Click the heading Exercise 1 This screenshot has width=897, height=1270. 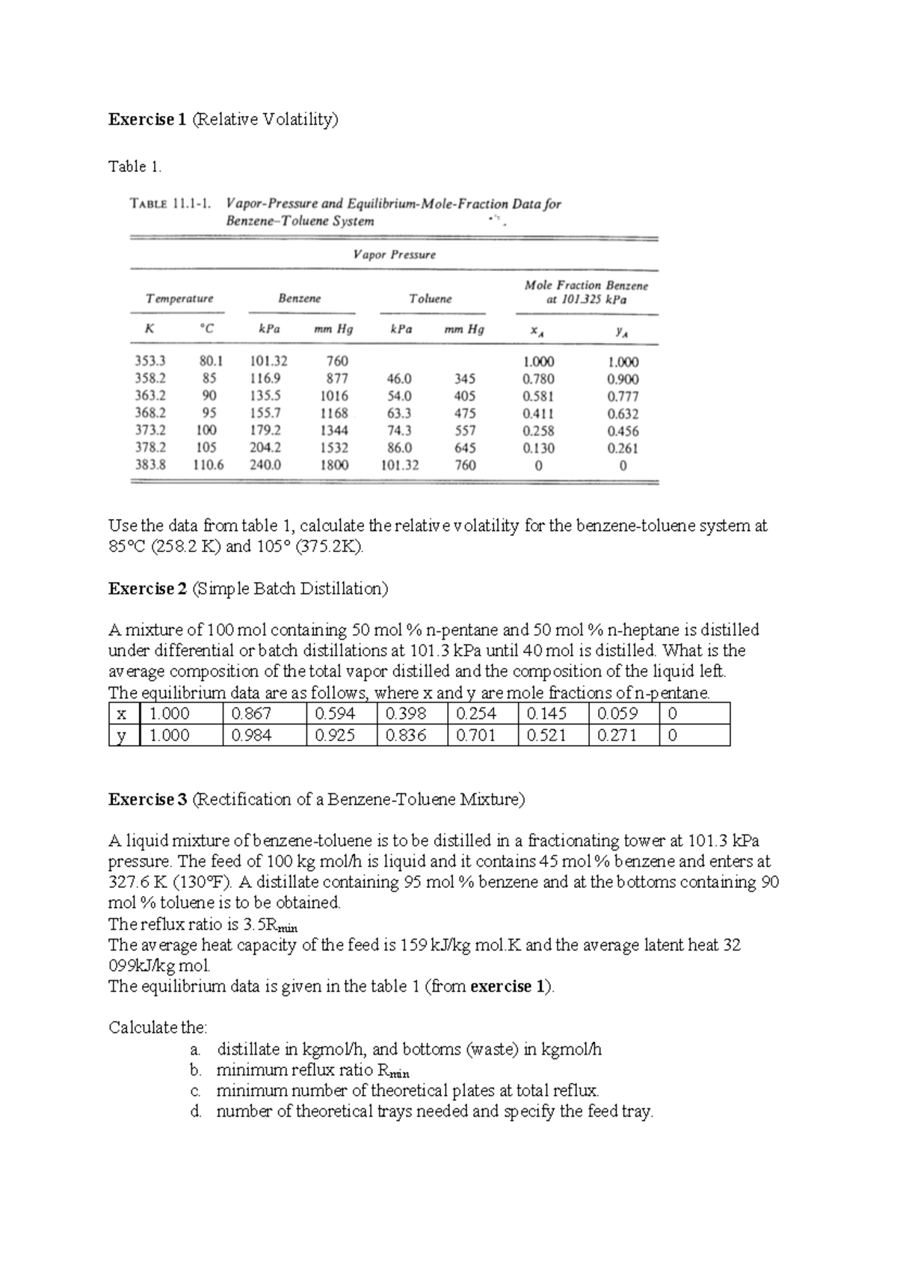click(x=147, y=119)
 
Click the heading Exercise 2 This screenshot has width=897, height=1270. click(x=147, y=589)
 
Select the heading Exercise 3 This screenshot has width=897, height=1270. click(x=147, y=800)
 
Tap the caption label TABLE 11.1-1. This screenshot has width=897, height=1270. click(x=170, y=203)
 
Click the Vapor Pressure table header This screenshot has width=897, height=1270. click(x=394, y=254)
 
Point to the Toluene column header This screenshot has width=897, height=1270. click(x=431, y=298)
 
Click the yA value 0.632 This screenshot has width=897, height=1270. click(x=623, y=414)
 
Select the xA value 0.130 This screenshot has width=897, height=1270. click(x=538, y=448)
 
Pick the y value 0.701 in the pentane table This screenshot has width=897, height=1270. click(x=475, y=735)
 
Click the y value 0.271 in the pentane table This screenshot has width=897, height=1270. click(x=617, y=735)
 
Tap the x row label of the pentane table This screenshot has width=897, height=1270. click(x=122, y=714)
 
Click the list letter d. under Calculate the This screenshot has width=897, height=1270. click(x=196, y=1111)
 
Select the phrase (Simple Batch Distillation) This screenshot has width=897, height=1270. click(x=290, y=589)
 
